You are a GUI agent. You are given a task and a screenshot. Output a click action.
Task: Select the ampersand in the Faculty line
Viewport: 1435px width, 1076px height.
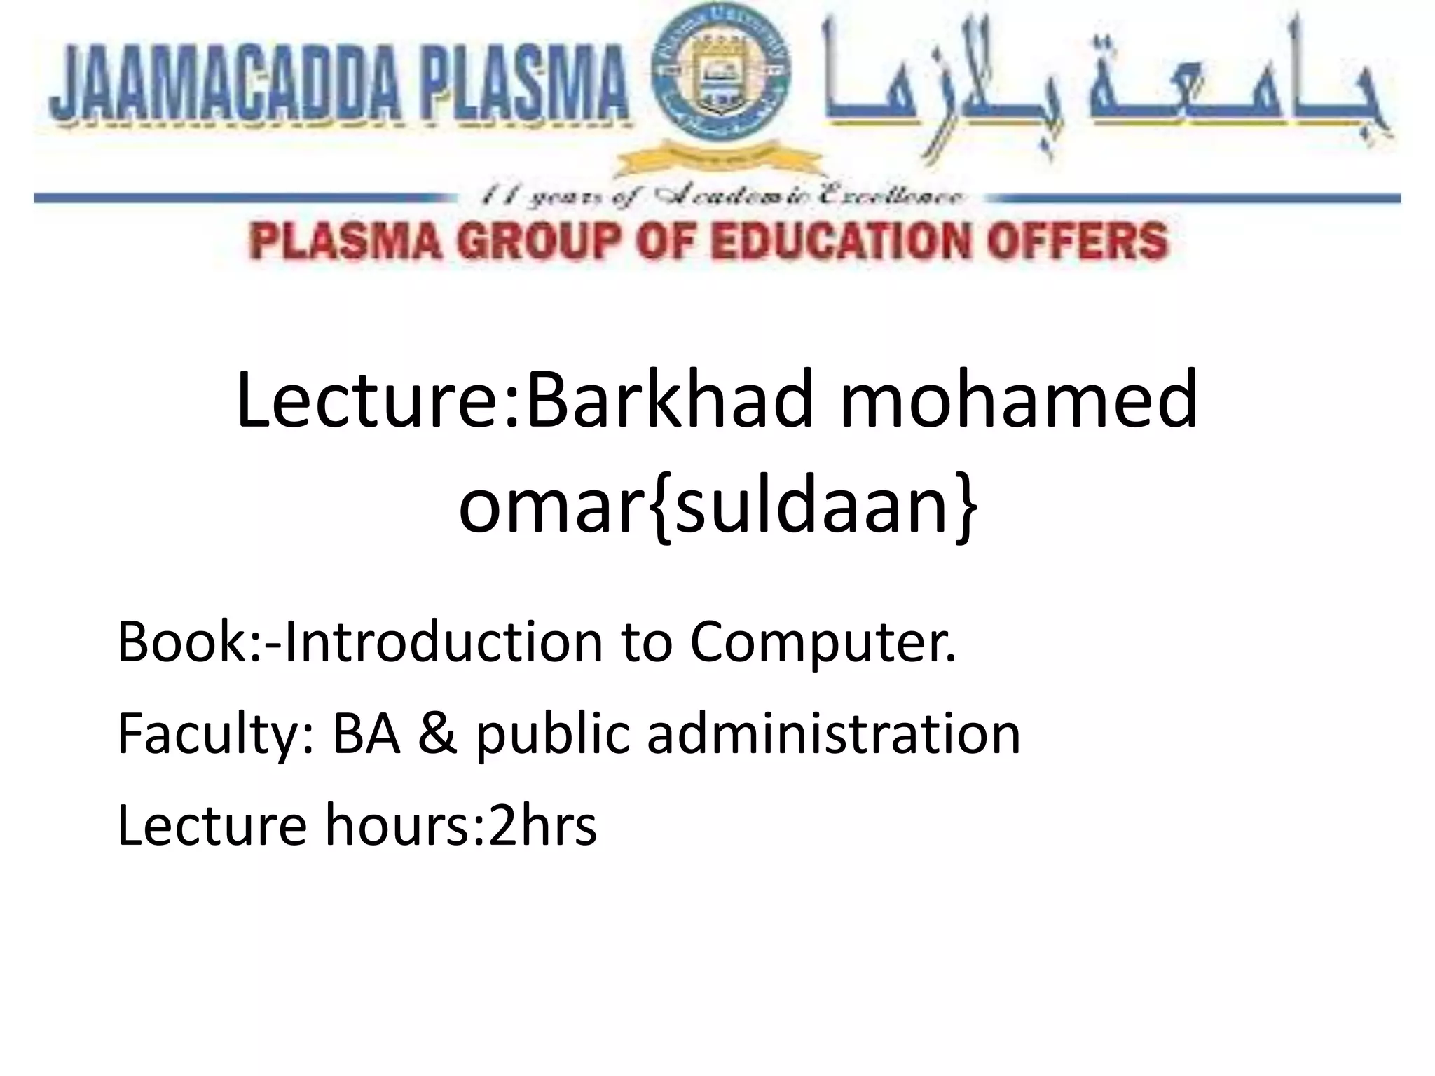(439, 734)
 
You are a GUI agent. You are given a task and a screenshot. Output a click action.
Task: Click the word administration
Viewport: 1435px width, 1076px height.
(833, 734)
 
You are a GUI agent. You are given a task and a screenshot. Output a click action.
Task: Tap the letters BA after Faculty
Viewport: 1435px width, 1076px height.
(366, 734)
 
